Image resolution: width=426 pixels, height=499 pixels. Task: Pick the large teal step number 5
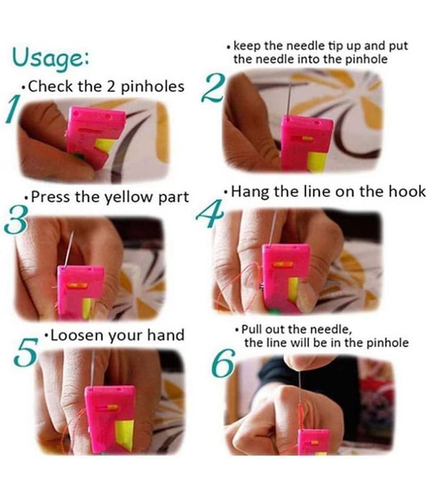[26, 352]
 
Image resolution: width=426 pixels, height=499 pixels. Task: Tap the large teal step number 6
[224, 363]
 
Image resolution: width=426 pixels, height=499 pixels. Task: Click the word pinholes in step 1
[153, 87]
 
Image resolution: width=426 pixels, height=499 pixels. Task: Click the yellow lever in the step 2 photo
[317, 162]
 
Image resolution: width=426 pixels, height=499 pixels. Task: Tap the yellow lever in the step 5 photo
[124, 435]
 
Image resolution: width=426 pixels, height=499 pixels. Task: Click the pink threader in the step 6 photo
[313, 442]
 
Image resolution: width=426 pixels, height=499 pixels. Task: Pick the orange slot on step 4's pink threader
[283, 264]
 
